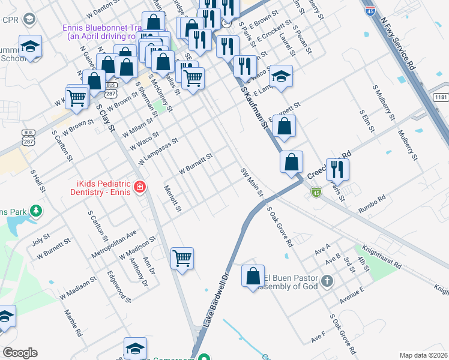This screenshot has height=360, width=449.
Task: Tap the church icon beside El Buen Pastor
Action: (x=327, y=281)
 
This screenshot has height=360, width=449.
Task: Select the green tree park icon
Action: (x=37, y=211)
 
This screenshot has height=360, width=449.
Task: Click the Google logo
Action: (x=20, y=353)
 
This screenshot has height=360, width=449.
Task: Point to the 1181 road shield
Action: (x=440, y=97)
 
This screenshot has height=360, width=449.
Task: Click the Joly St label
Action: (x=40, y=240)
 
